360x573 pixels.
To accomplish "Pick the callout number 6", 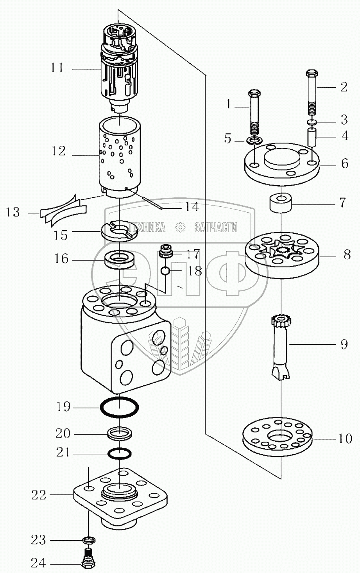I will (344, 163).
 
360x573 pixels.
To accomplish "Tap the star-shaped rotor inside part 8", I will (281, 249).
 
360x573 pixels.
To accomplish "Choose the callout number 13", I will (13, 213).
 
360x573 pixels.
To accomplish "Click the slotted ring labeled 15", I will (119, 230).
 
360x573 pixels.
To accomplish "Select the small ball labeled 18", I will (165, 270).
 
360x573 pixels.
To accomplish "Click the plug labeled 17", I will (167, 251).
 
